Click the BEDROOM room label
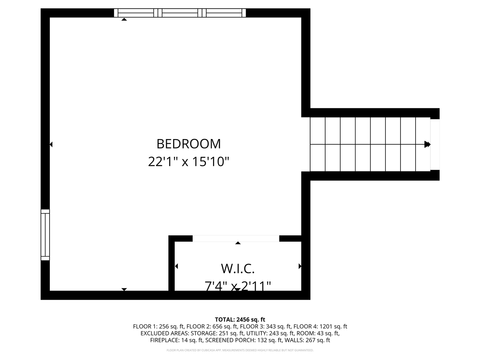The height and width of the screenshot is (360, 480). pos(189,144)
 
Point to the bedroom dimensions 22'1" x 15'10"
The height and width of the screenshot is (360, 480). pos(189,162)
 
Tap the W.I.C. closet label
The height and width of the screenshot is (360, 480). pos(238,268)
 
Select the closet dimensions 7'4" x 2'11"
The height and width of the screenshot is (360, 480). pos(238,286)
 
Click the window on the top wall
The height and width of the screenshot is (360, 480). pos(180,13)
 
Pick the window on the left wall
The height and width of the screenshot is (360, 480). pos(45,235)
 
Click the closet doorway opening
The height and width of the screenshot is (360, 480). pos(236,238)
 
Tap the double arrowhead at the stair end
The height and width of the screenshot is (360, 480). pos(427,144)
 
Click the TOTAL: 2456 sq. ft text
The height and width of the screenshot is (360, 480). pos(240,319)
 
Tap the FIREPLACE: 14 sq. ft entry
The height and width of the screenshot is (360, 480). pos(176,340)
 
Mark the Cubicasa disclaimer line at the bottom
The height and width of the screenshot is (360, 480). pos(240,350)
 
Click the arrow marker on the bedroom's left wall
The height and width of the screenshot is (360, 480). pos(51,144)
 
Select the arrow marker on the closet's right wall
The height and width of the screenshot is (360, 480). pos(300,266)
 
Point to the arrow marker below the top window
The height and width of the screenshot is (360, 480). pos(124,19)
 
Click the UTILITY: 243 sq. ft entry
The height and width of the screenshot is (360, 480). pos(267,333)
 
